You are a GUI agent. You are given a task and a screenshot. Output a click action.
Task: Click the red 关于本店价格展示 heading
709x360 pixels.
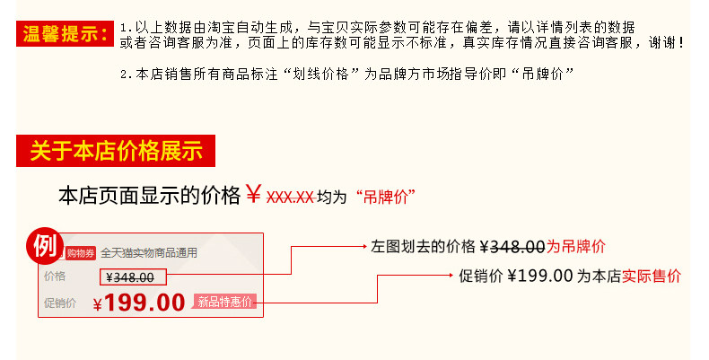(x=117, y=151)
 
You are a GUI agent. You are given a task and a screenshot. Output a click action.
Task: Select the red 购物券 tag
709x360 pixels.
(x=81, y=253)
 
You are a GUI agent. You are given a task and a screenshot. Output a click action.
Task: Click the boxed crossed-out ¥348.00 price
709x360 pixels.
(x=130, y=277)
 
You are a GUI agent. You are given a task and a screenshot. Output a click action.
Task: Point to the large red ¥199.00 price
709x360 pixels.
(x=139, y=303)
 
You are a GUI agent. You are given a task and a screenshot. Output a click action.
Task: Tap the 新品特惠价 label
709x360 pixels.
(x=226, y=302)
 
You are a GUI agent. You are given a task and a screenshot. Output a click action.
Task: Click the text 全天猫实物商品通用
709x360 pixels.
(x=149, y=253)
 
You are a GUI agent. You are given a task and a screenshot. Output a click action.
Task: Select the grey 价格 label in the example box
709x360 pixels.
(x=55, y=277)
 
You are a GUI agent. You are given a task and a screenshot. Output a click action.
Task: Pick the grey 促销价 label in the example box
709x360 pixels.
(x=60, y=303)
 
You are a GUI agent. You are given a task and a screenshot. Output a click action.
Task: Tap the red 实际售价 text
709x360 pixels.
(x=652, y=276)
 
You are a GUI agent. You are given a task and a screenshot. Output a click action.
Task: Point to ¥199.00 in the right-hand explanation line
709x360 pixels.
(x=539, y=276)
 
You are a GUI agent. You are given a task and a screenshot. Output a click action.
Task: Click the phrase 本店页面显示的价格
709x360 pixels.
(x=149, y=196)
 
